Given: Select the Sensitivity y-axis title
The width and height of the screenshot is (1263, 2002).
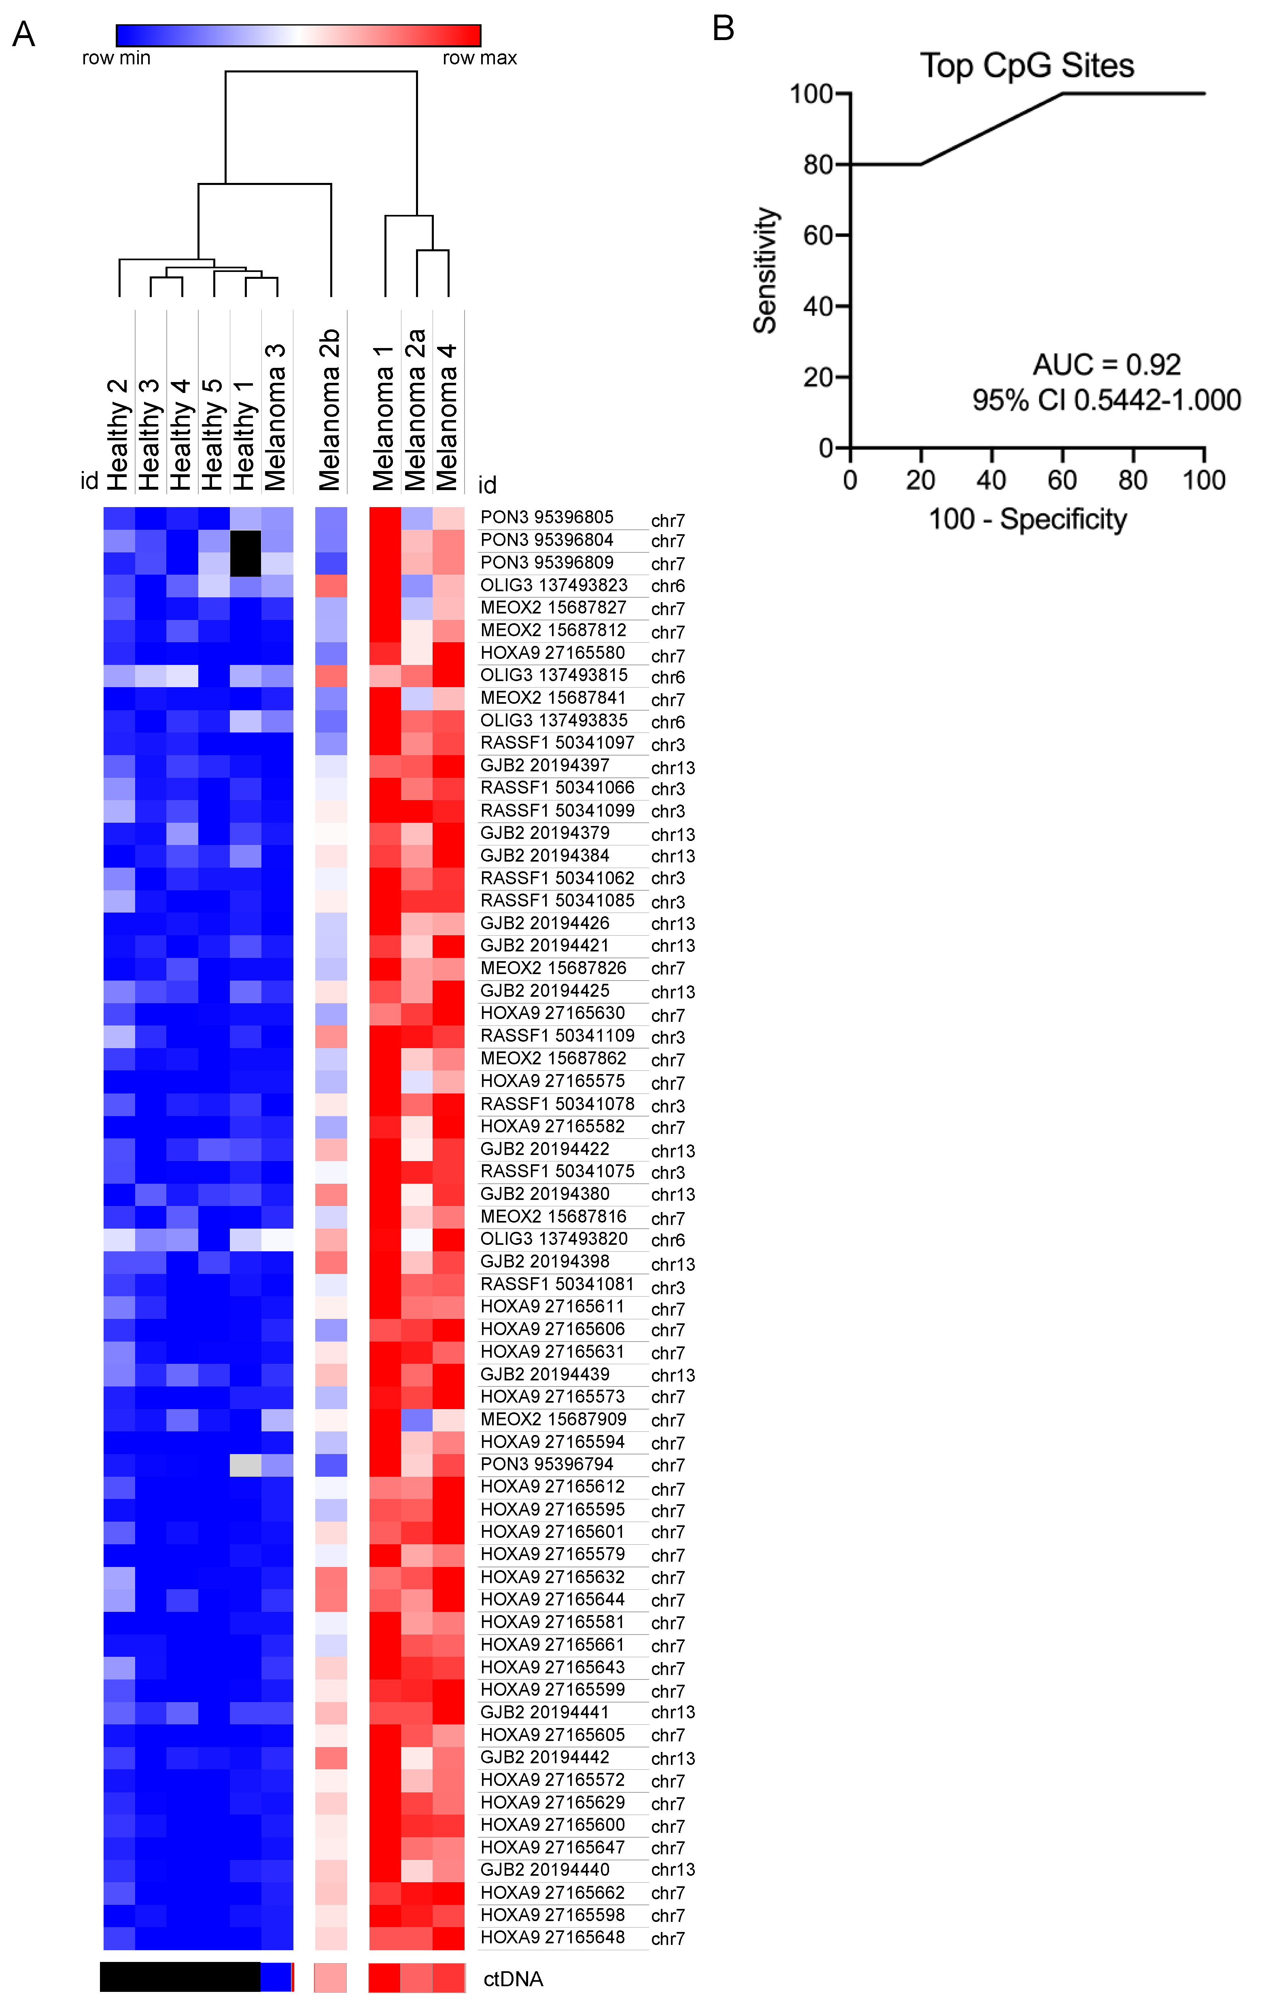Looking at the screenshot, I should point(765,270).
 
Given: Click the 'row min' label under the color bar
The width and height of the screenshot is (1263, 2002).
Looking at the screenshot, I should point(117,58).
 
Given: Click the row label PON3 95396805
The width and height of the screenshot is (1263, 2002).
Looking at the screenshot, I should point(546,517).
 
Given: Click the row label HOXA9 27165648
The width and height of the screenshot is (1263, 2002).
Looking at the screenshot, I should point(552,1937).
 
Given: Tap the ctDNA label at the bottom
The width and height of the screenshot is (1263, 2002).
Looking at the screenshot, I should point(513,1979).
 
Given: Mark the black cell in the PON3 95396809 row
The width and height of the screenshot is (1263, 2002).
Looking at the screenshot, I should point(245,563).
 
